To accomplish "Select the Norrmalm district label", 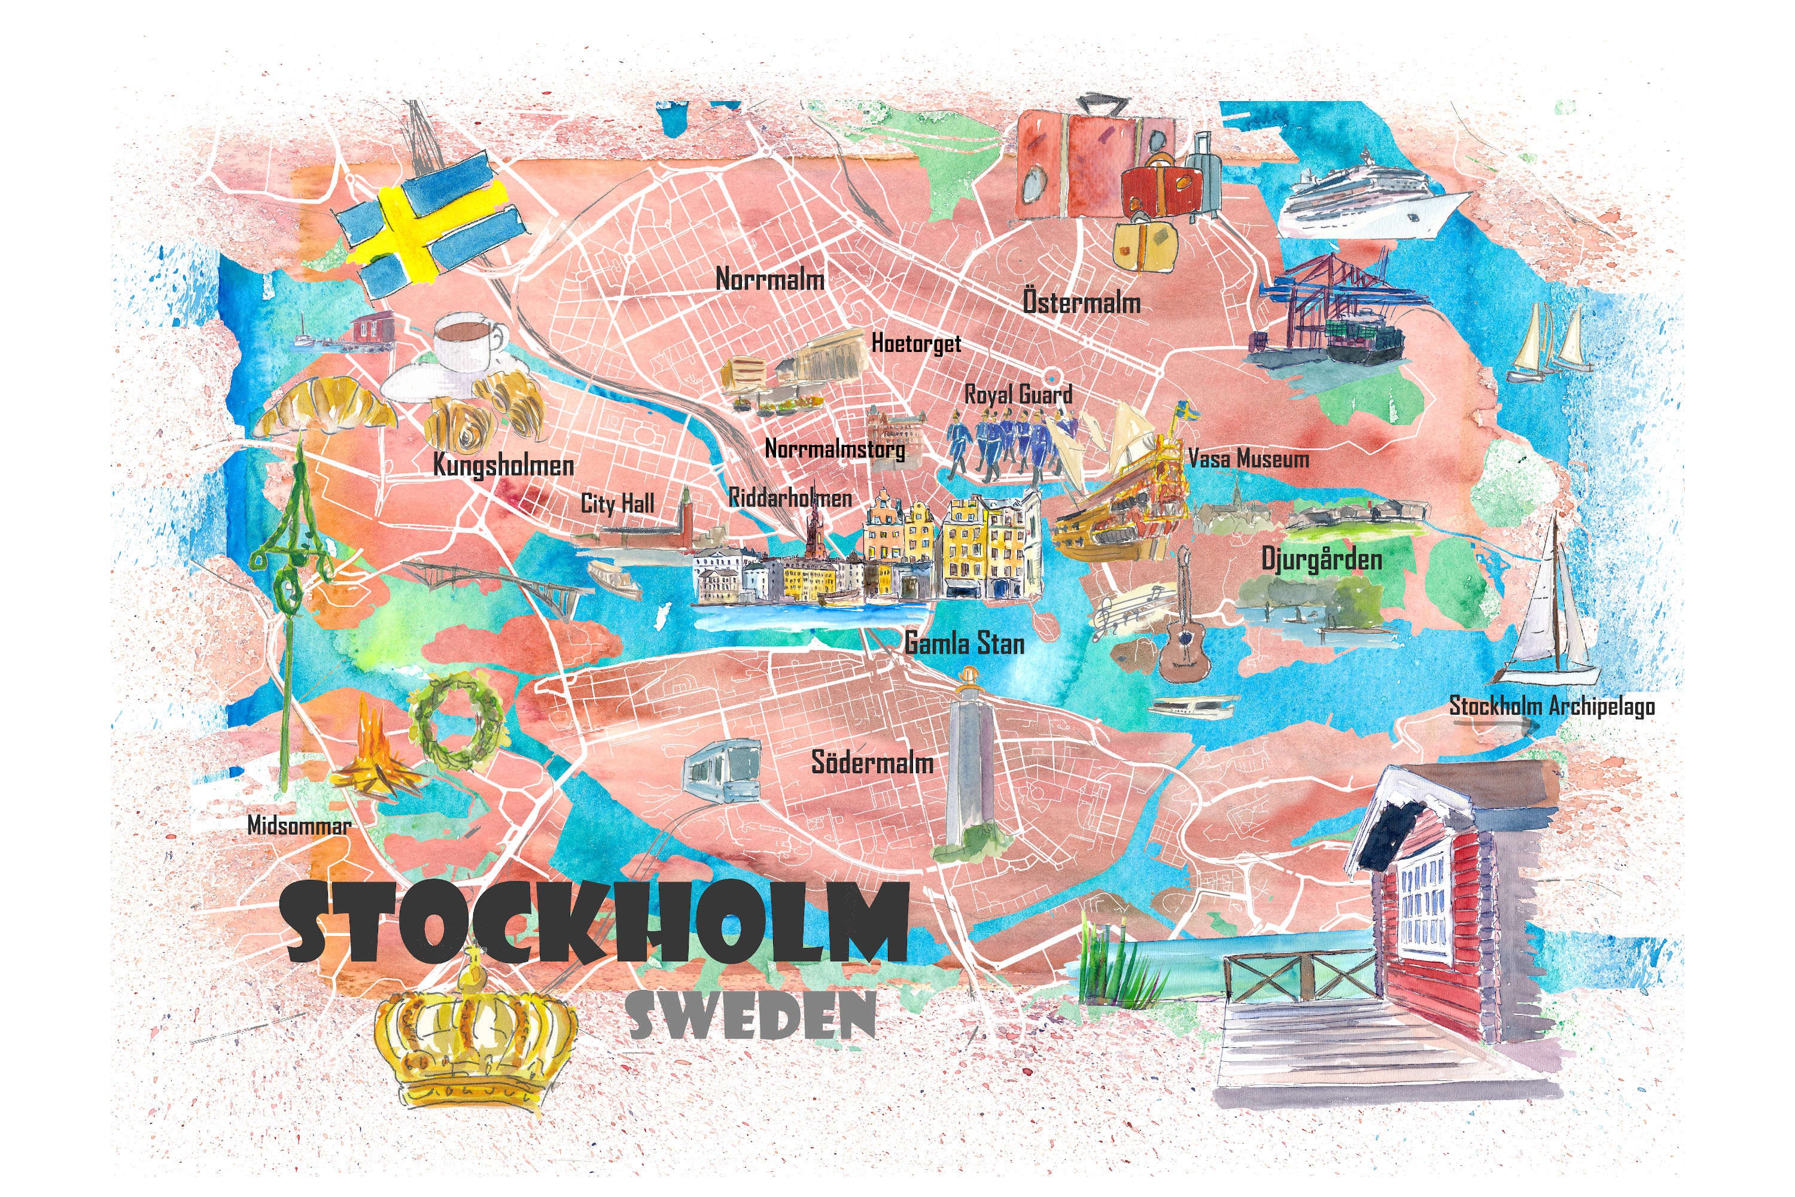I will (769, 279).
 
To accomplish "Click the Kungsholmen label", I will (503, 465).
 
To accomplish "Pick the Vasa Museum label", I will (1249, 459).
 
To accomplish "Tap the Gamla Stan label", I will (965, 643).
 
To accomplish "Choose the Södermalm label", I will (872, 762).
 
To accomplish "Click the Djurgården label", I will (1321, 560).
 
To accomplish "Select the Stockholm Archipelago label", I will (1551, 706).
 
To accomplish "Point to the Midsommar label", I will (299, 825).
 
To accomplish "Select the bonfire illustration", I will (376, 756).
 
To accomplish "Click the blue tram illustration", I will (722, 768).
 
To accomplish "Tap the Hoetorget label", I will (916, 344).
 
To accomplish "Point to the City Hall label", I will (617, 504).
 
